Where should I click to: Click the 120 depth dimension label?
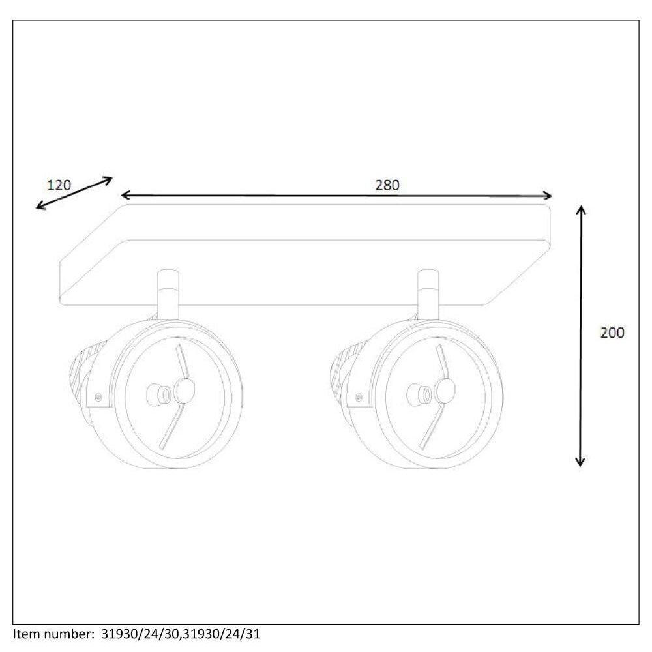point(59,185)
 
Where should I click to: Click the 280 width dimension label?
point(387,185)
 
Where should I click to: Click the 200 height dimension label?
point(612,333)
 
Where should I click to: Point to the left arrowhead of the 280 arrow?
point(125,194)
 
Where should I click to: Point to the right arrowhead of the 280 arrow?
point(548,196)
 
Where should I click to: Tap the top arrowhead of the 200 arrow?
point(581,209)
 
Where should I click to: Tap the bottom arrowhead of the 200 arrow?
point(580,462)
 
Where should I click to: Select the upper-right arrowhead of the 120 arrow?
point(108,180)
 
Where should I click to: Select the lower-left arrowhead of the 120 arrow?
point(40,205)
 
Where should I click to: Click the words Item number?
point(54,634)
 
